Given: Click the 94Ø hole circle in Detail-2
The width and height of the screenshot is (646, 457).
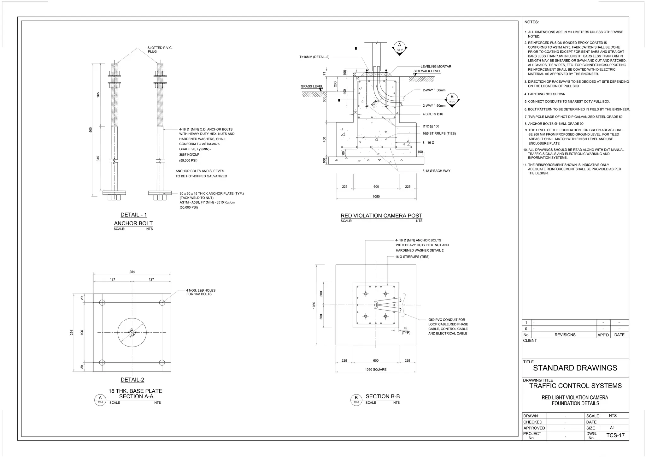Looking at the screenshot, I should click(132, 333).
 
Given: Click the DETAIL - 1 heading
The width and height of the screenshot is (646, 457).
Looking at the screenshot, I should click(134, 215).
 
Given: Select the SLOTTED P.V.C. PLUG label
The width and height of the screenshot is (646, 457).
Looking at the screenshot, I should click(160, 50).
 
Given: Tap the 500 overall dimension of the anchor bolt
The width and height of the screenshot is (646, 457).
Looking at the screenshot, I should click(91, 130).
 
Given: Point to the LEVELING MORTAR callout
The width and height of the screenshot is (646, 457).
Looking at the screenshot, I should click(436, 67).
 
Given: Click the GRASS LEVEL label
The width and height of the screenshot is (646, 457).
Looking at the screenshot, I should click(312, 86).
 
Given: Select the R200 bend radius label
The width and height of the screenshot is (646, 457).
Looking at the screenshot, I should click(374, 103).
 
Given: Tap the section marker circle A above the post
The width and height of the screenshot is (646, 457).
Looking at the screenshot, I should click(399, 45).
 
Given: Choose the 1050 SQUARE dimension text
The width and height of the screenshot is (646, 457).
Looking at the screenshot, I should click(376, 370).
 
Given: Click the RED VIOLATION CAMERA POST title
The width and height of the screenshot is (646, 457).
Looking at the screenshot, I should click(381, 216).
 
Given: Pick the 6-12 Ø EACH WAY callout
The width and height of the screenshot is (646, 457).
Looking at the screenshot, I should click(436, 171).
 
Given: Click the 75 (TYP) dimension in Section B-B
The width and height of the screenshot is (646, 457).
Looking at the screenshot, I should click(405, 330).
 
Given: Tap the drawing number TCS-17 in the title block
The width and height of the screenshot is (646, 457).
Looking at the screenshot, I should click(615, 436).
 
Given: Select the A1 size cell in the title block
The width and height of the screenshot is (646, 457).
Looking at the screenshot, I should click(612, 428).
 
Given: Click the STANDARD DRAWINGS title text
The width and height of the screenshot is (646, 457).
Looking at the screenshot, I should click(575, 368).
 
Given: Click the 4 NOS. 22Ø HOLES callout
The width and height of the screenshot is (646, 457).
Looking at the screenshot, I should click(201, 292).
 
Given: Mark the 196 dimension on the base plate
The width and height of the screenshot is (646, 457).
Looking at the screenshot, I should click(82, 333).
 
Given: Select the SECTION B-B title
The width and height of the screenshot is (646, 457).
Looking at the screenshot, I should click(383, 396).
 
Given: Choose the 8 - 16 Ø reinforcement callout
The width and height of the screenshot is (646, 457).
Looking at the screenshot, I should click(428, 143).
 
